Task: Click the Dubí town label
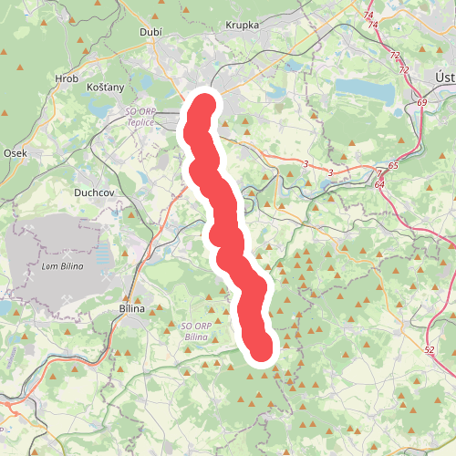click(x=150, y=32)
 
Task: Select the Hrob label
click(x=67, y=79)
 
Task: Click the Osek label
click(x=16, y=153)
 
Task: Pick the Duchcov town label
click(x=93, y=193)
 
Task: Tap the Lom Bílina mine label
click(x=62, y=265)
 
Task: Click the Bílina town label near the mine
click(x=133, y=309)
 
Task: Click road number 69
click(x=421, y=103)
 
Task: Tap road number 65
click(x=392, y=166)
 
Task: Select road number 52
click(x=430, y=349)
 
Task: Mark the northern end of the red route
click(x=203, y=107)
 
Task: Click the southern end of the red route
click(x=262, y=349)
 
